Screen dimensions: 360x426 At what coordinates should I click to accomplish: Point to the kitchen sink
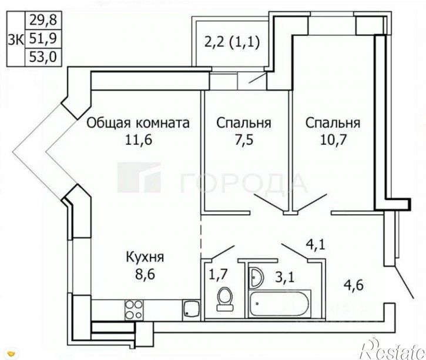[190, 308]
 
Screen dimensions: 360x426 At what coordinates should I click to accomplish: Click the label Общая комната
[138, 124]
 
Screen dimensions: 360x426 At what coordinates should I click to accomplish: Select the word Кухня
[145, 257]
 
